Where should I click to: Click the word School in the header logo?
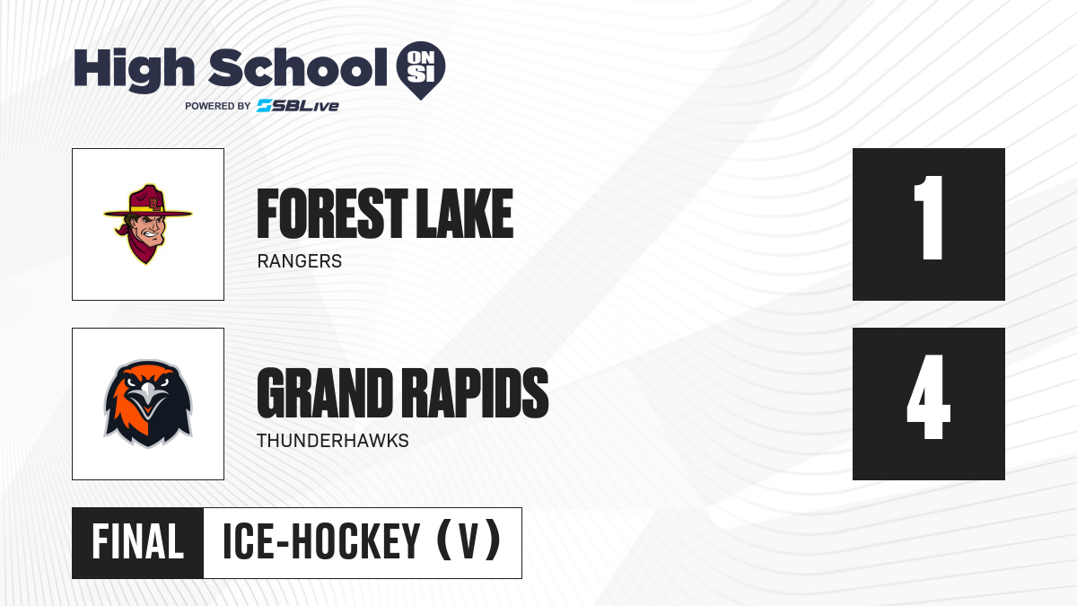[298, 67]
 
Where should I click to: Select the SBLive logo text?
[298, 106]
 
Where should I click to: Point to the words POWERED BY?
[217, 106]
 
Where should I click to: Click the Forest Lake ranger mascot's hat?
[148, 202]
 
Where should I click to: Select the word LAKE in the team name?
[465, 214]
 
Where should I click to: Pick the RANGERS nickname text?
[300, 261]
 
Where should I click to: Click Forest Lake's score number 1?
[928, 217]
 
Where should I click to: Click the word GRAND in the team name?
[325, 393]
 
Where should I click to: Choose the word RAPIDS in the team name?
[475, 393]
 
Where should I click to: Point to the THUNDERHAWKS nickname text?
[333, 441]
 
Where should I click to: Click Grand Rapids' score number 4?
[928, 397]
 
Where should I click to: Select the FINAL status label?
[137, 542]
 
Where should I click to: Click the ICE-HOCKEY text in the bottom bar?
[321, 542]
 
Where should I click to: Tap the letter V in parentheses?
[469, 542]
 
